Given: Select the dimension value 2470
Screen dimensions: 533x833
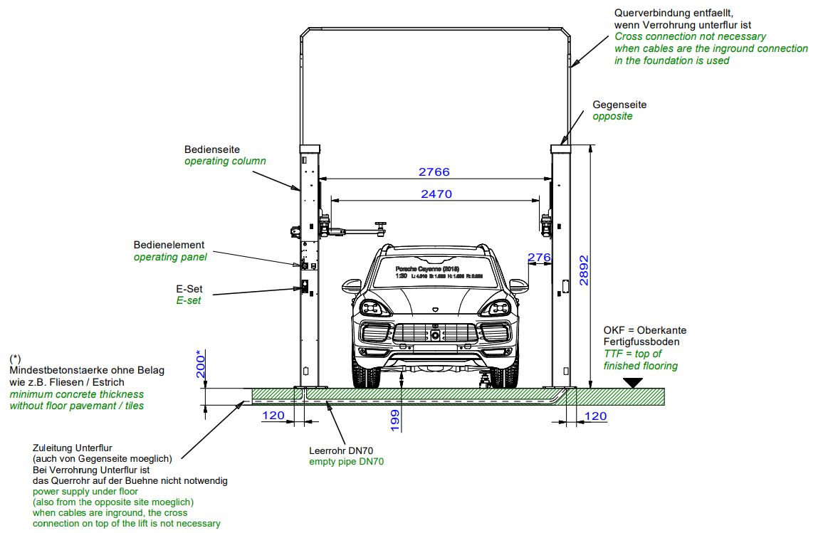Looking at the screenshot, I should pos(436,194).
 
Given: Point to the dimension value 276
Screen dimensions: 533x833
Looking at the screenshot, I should pos(539,256).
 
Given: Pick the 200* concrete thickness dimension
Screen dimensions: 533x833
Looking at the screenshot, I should pos(202,364).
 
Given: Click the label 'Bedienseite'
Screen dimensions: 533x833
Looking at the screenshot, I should pos(212,149).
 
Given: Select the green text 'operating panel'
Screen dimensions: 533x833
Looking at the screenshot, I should pos(170,257).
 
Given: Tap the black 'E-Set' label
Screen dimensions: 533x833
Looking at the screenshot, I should pos(189,289).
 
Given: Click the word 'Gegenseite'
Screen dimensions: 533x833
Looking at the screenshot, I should pos(619,105).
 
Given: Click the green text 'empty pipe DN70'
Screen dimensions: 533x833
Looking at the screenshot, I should pos(347,462).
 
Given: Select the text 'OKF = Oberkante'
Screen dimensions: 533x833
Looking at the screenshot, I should pos(645,330).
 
